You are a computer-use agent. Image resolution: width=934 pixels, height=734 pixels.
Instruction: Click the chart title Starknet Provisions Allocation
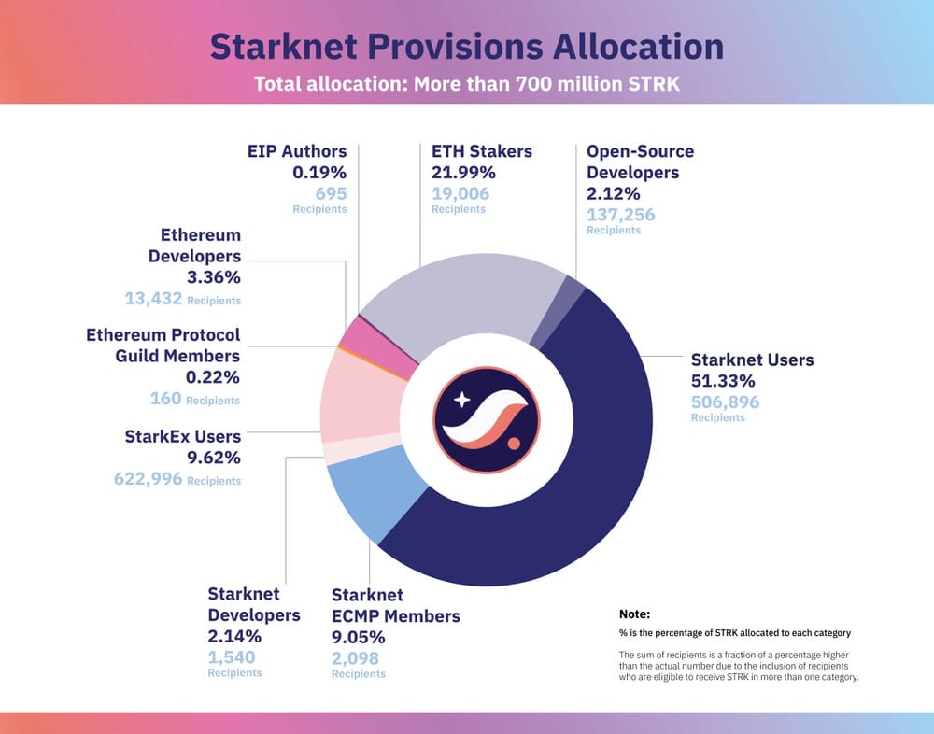coord(466,47)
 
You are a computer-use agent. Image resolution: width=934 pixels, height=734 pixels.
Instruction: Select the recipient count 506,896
coord(725,402)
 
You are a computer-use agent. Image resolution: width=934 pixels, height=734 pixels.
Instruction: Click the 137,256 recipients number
coord(620,215)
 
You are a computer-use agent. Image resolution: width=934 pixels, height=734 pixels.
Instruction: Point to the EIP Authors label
coord(297,151)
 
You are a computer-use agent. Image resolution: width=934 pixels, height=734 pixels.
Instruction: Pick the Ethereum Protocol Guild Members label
coord(163,346)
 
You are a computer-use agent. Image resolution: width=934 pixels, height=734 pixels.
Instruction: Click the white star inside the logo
coord(461,401)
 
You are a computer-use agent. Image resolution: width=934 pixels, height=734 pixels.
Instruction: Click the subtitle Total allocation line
coord(466,83)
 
